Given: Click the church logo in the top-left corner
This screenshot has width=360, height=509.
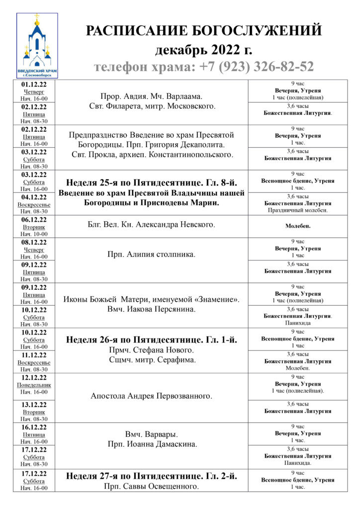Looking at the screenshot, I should click(x=37, y=45).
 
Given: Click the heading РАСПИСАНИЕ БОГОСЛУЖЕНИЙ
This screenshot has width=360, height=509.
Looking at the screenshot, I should click(x=204, y=31).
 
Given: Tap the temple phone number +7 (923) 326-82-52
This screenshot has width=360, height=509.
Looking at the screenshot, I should click(x=204, y=67).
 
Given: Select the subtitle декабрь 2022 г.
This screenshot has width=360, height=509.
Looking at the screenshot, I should click(x=204, y=50).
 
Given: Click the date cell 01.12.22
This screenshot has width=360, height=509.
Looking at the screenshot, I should click(x=34, y=91).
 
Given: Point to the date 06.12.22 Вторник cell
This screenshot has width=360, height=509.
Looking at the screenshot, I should click(x=34, y=226).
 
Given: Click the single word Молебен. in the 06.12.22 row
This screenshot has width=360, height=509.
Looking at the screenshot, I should click(x=298, y=226).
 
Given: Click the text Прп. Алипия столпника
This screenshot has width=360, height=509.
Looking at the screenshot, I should click(x=151, y=254).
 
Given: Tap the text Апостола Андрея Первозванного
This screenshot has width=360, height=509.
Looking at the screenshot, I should click(x=151, y=396).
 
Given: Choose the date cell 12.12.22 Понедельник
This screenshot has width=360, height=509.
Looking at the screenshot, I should click(x=34, y=385).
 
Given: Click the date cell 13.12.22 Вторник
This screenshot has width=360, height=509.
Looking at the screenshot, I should click(x=34, y=412).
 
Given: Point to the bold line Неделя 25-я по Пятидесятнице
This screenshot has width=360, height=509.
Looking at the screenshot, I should click(x=151, y=182).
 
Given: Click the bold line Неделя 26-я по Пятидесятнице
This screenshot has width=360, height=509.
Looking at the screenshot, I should click(x=151, y=340).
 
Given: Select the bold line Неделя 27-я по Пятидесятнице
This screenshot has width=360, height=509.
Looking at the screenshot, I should click(x=151, y=476).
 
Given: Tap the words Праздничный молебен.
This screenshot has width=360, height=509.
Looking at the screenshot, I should click(x=298, y=210).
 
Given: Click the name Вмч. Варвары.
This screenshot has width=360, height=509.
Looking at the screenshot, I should click(x=151, y=434).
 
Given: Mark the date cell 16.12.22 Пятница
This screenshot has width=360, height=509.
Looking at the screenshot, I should click(x=34, y=434).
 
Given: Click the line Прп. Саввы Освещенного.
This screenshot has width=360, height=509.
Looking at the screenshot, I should click(x=151, y=486).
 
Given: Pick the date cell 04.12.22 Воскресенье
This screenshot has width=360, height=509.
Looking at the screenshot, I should click(x=34, y=204).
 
